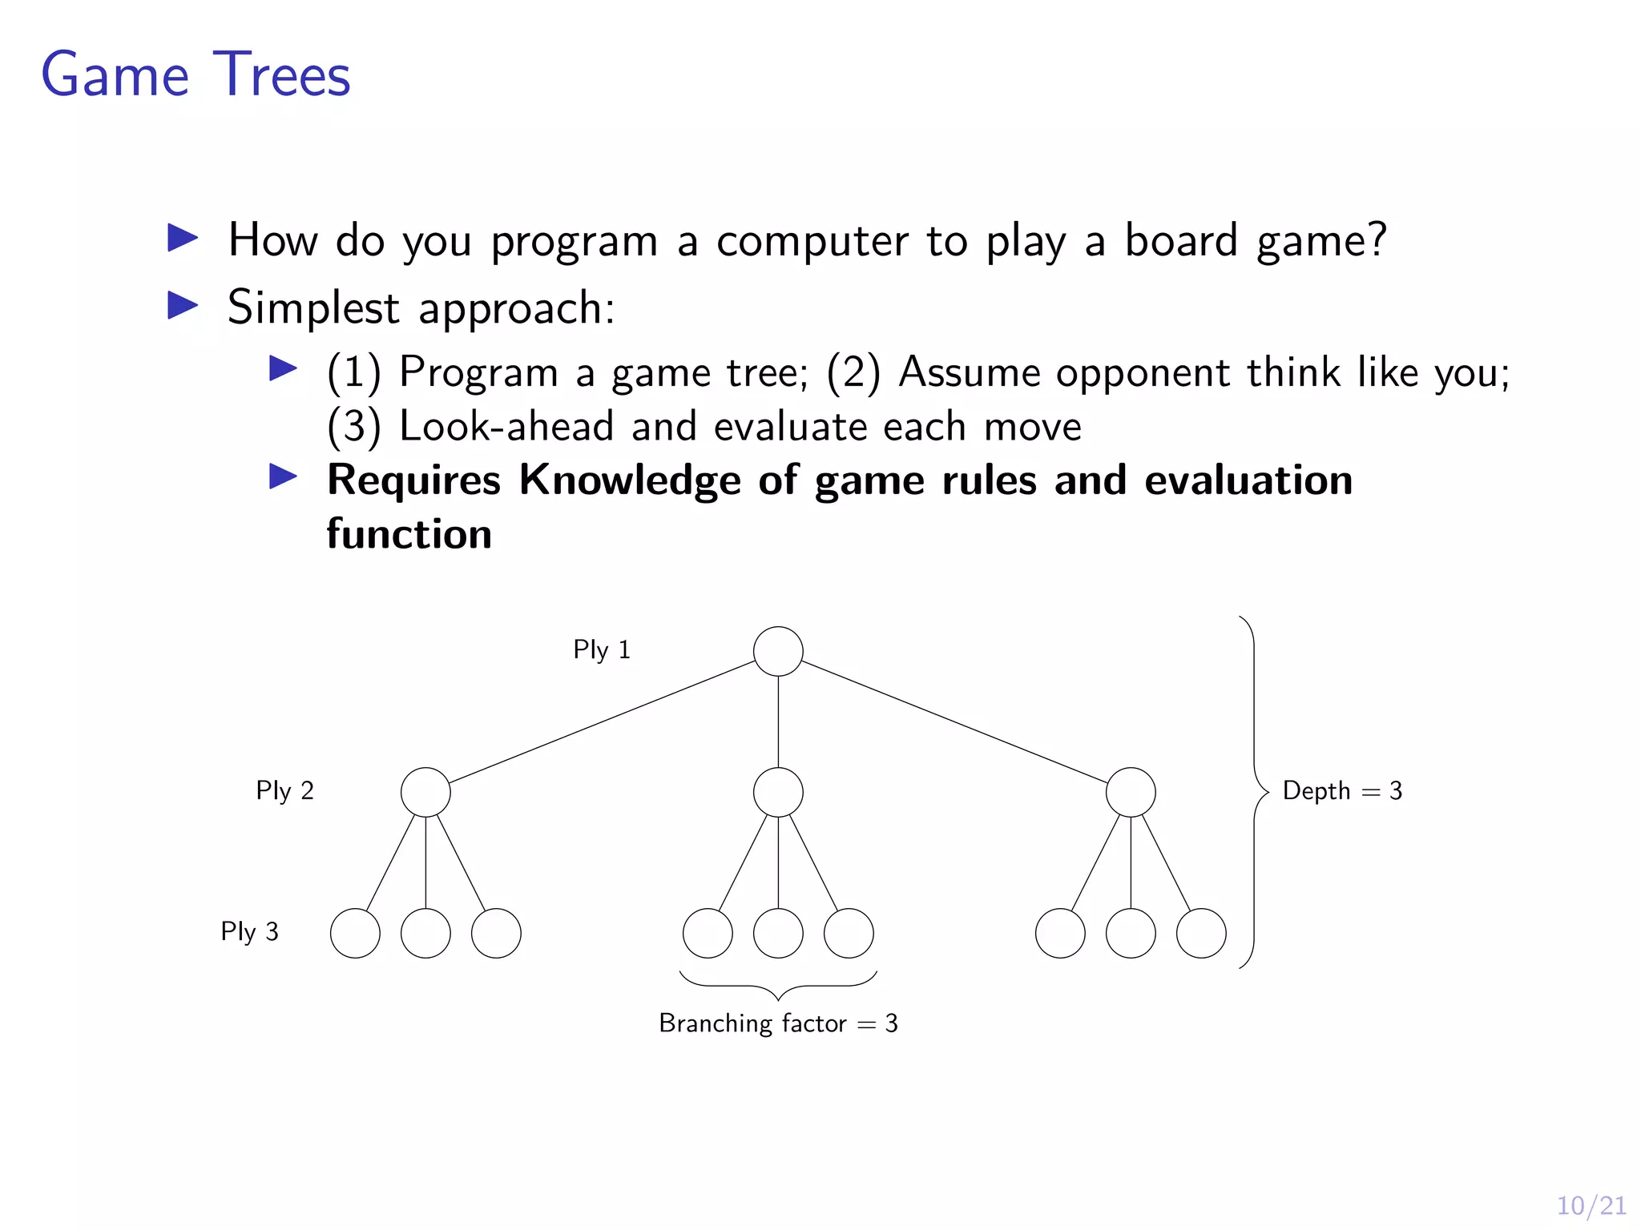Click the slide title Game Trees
[196, 75]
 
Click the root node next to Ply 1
[778, 651]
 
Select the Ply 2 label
[284, 790]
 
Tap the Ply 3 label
[249, 931]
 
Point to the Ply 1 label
[602, 649]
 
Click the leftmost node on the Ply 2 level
[425, 792]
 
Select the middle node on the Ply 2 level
[778, 792]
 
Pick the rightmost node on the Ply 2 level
[1131, 792]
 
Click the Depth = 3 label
[1342, 791]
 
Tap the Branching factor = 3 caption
[778, 1023]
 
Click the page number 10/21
[1591, 1205]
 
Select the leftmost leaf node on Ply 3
[355, 933]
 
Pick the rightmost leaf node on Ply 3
[1201, 933]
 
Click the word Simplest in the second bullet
[313, 308]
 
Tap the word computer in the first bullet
[812, 241]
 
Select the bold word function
[409, 534]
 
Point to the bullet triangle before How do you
[183, 238]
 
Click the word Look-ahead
[506, 426]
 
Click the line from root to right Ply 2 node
[954, 722]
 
